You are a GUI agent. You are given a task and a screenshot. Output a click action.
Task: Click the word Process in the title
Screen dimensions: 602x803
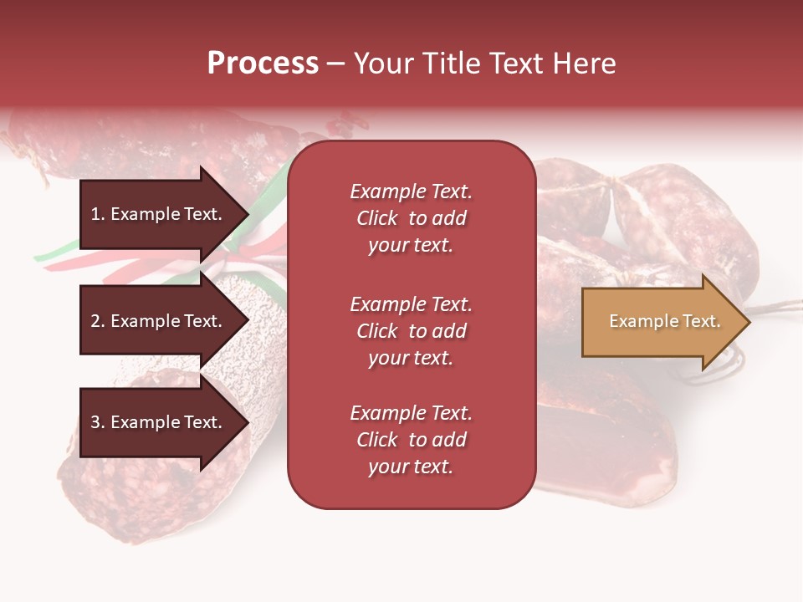point(263,64)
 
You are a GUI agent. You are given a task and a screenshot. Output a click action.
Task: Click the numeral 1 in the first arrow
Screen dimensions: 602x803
point(95,214)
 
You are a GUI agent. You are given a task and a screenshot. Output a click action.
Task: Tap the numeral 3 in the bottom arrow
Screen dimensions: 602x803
point(95,422)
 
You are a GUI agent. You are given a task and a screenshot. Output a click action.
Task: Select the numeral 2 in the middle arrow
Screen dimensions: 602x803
point(95,321)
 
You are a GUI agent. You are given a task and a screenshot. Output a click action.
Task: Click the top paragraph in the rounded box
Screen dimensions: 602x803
point(411,218)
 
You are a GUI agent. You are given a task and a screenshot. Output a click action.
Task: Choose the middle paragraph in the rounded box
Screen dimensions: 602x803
point(411,331)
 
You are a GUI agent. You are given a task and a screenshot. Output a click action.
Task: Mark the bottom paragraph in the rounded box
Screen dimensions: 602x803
point(411,440)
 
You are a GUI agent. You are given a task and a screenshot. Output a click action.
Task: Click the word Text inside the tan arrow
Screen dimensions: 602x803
point(703,322)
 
